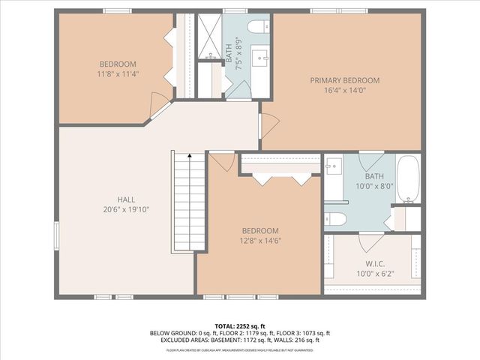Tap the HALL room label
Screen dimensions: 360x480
[126, 199]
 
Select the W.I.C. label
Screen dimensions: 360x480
[375, 263]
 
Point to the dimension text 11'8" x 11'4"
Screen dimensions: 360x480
[118, 74]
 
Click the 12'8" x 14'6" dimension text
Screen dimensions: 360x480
[260, 241]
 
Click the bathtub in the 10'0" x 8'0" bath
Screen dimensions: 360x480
[409, 180]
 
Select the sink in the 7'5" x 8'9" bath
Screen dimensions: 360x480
[262, 57]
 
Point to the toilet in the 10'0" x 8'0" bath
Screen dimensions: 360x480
[335, 218]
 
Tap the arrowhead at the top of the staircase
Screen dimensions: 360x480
[190, 155]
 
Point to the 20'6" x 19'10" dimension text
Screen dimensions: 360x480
[126, 210]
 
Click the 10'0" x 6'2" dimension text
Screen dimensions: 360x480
[375, 274]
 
